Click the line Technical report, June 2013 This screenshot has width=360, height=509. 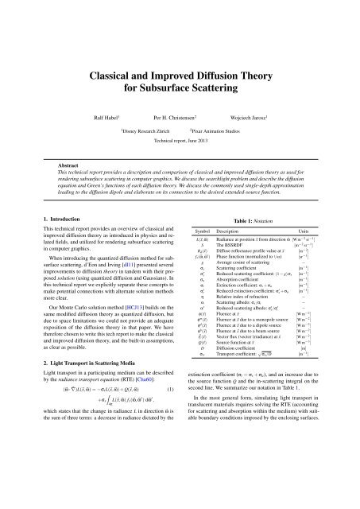click(180, 138)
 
